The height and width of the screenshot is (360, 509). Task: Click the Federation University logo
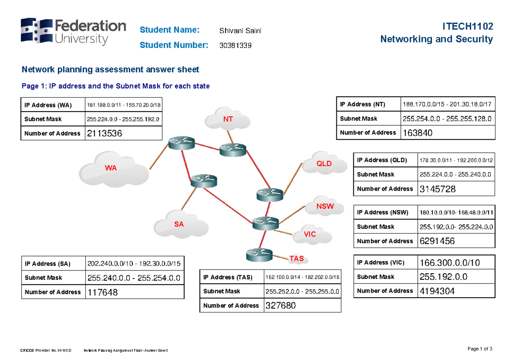[x=73, y=31]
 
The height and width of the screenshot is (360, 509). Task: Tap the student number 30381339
[x=235, y=45]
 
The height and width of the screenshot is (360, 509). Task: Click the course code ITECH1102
[x=467, y=26]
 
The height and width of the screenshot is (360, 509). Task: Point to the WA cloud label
[x=111, y=168]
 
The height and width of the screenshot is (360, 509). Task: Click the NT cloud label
[x=228, y=119]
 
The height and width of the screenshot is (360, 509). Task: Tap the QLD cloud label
[x=324, y=163]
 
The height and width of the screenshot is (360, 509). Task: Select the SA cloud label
[x=179, y=224]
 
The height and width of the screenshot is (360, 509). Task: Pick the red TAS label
[x=296, y=258]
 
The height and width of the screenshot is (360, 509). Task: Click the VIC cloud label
[x=310, y=234]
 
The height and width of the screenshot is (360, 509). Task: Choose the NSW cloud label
[x=325, y=207]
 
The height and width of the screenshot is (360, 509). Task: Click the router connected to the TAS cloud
[x=259, y=255]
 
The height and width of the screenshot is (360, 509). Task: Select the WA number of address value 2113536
[x=104, y=134]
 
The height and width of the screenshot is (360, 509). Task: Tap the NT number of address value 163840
[x=418, y=133]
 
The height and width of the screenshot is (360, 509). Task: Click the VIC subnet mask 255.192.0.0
[x=443, y=277]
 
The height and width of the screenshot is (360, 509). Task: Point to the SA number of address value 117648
[x=103, y=292]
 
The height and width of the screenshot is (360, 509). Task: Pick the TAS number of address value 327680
[x=280, y=306]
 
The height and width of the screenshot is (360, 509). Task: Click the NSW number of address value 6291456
[x=437, y=241]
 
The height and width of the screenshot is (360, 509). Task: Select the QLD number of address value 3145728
[x=437, y=189]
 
